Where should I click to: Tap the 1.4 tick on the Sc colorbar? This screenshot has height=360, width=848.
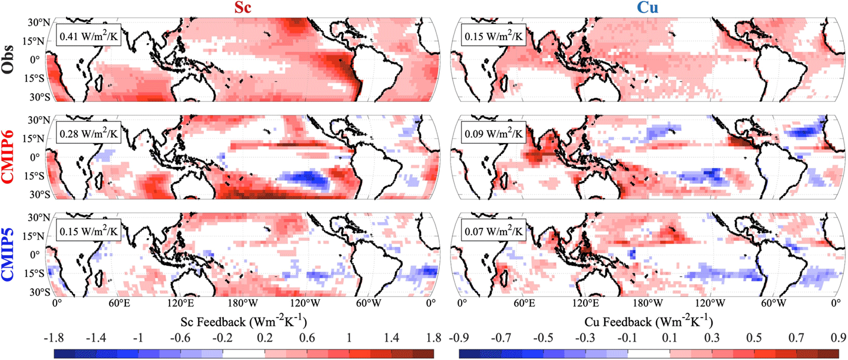click(392, 339)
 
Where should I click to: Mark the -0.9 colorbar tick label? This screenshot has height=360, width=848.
click(458, 339)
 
